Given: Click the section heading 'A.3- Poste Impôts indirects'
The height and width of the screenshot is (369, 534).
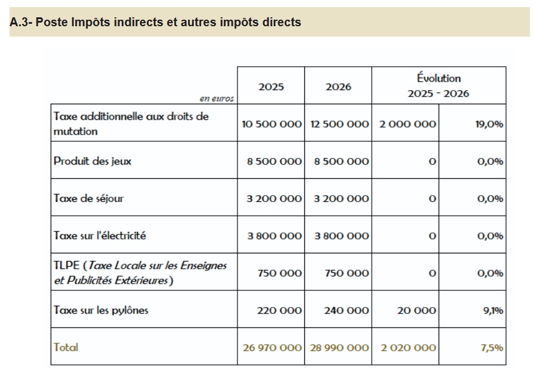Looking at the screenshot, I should click(x=156, y=23).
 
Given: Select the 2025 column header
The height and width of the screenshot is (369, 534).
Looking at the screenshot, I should click(x=271, y=86).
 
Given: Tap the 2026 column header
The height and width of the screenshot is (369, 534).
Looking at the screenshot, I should click(x=338, y=86).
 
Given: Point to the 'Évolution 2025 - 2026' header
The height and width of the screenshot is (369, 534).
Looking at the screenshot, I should click(x=439, y=85).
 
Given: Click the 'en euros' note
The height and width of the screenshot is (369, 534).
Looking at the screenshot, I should click(x=217, y=99).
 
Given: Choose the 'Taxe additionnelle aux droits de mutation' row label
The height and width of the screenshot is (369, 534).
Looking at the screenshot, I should click(x=131, y=123).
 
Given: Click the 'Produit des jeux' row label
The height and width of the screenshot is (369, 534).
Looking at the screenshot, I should click(x=92, y=161).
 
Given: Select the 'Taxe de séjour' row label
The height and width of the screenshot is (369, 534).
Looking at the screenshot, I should click(x=88, y=199).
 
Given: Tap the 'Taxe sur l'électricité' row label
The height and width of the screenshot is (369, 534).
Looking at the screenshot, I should click(x=100, y=235).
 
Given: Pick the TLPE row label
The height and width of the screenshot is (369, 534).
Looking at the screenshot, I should click(x=140, y=272).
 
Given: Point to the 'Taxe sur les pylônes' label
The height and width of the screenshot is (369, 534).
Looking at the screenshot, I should click(x=101, y=310).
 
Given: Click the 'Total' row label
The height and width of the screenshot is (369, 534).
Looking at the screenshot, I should click(x=66, y=347).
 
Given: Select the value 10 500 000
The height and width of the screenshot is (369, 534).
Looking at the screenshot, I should click(x=271, y=124).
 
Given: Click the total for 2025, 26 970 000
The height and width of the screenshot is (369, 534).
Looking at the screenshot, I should click(x=272, y=347).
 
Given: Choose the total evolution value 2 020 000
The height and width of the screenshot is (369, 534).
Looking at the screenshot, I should click(x=408, y=347).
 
